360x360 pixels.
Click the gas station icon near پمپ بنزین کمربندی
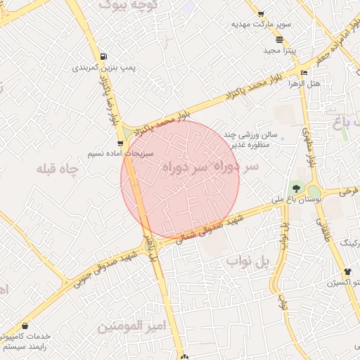[104, 57]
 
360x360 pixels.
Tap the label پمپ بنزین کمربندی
[95, 69]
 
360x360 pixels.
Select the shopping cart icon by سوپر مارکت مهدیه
[261, 13]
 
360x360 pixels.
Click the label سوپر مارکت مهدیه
[261, 24]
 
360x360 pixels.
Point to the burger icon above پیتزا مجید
[280, 39]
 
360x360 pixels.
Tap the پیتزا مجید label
[272, 51]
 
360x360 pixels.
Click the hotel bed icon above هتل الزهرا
[304, 72]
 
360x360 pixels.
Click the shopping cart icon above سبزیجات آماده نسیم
[121, 143]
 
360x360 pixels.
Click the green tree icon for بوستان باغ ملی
[296, 188]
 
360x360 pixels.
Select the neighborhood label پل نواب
[248, 262]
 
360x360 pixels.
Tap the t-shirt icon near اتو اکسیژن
[347, 271]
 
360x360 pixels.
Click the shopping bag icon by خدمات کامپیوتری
[26, 326]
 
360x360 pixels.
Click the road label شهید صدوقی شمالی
[210, 229]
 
